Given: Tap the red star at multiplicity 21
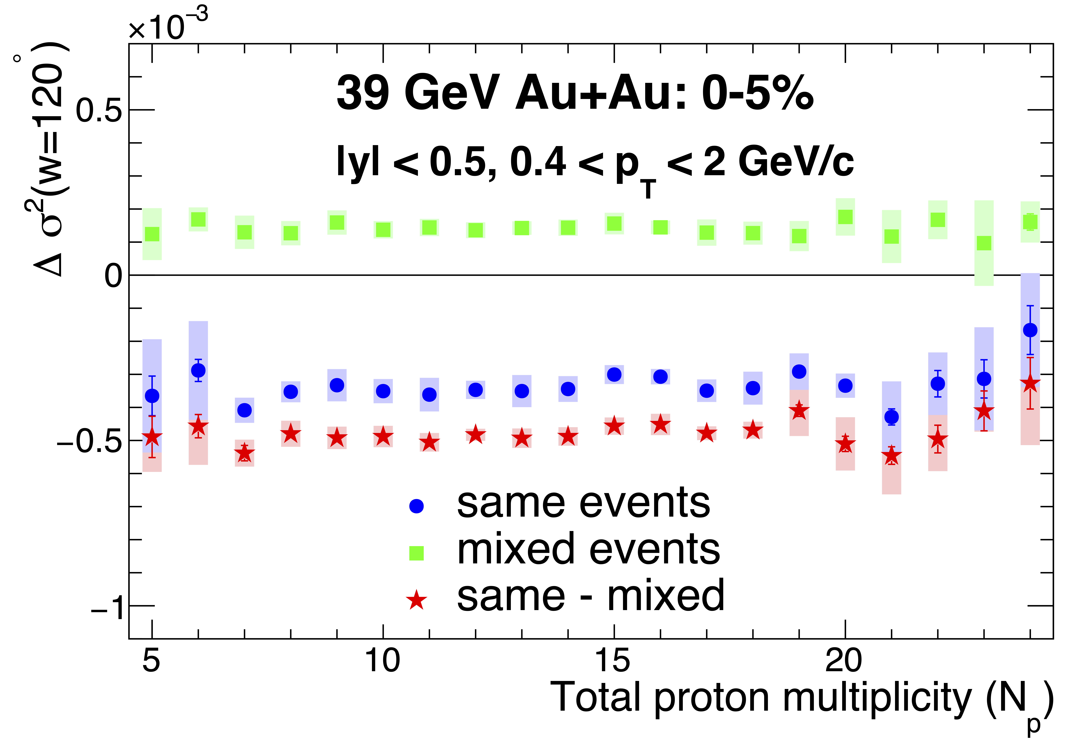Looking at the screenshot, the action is click(x=891, y=456).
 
